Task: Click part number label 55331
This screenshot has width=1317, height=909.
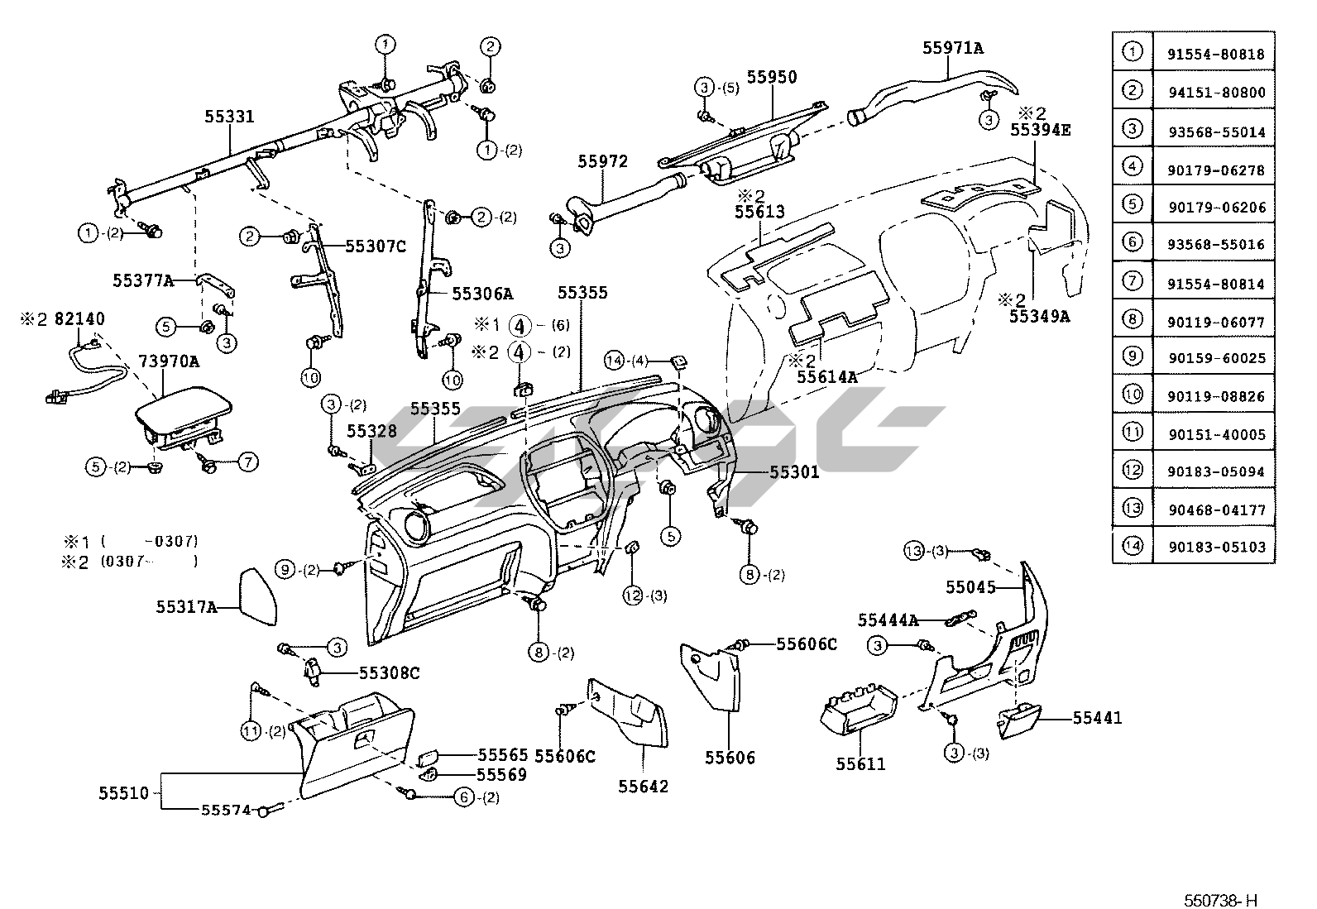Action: pos(229,117)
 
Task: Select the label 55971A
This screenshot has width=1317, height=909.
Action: pos(953,48)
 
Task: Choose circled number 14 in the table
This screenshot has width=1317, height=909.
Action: pos(1132,546)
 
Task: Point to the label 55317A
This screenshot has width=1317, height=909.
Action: pos(186,607)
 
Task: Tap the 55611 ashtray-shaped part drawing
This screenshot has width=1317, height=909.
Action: pos(857,713)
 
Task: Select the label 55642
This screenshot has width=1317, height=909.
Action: pos(643,786)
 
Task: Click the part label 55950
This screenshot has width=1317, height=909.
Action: pos(772,77)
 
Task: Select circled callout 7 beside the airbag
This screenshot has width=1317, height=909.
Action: pos(249,463)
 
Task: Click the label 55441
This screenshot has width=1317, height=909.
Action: pos(1097,718)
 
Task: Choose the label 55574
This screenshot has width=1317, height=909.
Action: pos(226,811)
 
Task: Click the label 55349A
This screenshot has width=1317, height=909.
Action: pos(1039,315)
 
